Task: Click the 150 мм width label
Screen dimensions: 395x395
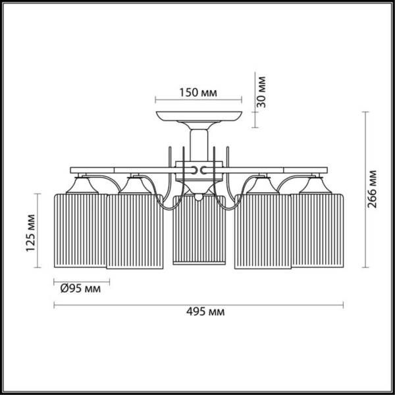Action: (198, 93)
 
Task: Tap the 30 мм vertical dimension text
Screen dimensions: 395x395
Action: (261, 92)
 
